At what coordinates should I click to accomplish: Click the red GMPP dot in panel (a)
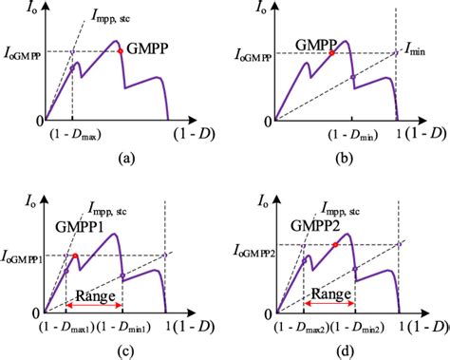120,51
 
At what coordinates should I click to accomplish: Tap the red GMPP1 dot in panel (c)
75,256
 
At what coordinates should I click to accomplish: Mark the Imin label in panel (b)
419,51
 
